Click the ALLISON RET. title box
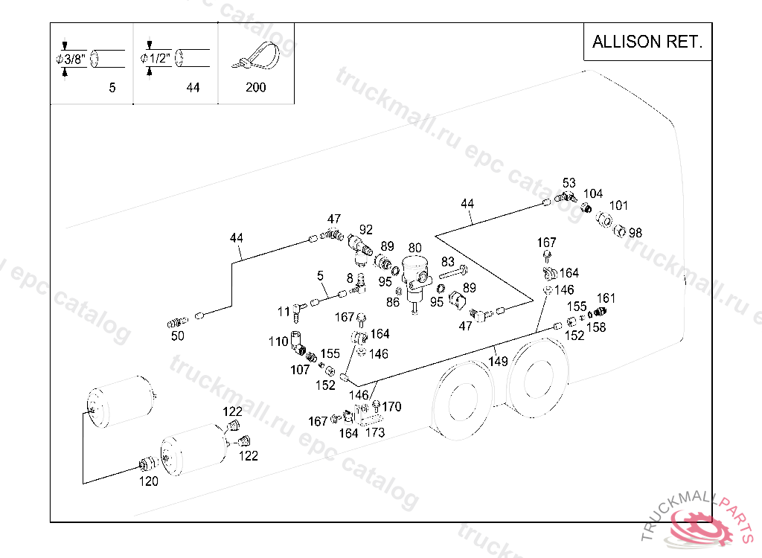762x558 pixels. point(647,42)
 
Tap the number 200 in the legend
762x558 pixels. point(255,88)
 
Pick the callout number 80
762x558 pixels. point(414,248)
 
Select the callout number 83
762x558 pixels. point(447,262)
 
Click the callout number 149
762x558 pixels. point(498,362)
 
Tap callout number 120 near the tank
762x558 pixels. point(149,481)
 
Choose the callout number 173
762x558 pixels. point(375,432)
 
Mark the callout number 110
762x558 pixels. point(278,341)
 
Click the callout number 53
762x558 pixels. point(569,183)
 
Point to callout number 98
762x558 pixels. point(635,233)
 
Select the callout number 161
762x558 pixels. point(606,298)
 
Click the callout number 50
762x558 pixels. point(177,336)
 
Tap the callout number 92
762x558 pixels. point(365,229)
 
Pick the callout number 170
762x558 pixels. point(392,406)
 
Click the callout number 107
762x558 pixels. point(300,369)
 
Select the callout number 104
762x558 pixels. point(593,194)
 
